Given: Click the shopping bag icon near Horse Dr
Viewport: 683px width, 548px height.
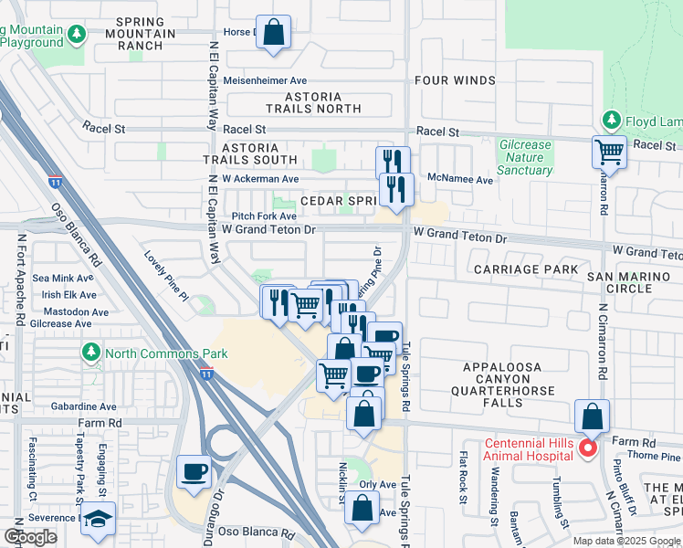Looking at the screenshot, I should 273,33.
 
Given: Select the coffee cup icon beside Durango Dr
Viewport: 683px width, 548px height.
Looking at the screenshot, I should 194,472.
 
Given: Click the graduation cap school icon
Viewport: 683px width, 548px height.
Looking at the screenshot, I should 98,519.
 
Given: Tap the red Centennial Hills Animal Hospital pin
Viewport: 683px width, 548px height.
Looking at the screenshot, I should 588,448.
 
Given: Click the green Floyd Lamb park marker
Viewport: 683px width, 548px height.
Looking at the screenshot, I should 611,121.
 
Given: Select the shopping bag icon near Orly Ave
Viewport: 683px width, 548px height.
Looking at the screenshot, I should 363,508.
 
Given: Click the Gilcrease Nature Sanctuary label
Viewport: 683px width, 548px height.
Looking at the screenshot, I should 525,157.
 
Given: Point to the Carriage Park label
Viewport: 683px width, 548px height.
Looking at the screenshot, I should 525,269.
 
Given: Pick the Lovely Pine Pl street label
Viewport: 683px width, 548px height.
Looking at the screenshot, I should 164,275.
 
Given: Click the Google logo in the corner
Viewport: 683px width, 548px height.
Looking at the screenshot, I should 30,537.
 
